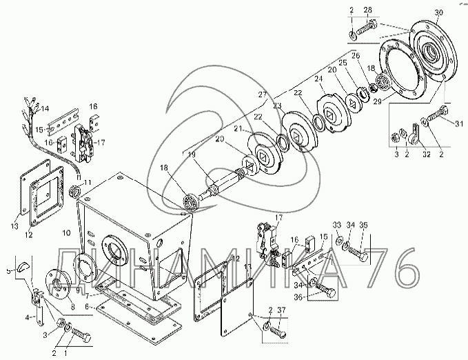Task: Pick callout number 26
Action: pyautogui.click(x=356, y=56)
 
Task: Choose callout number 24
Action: pyautogui.click(x=318, y=79)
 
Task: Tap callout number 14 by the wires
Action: pyautogui.click(x=45, y=108)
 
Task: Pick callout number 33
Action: pyautogui.click(x=336, y=225)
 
